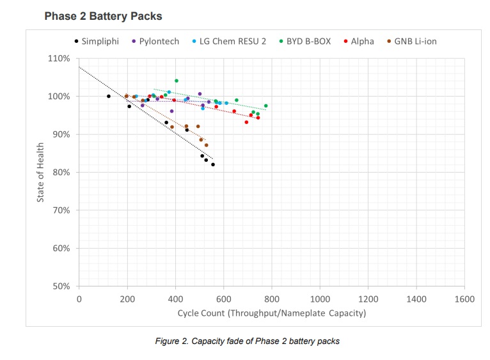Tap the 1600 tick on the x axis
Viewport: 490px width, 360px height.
[464, 298]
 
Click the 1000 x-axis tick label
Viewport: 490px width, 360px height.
[320, 298]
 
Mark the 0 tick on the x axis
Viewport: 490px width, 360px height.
[79, 298]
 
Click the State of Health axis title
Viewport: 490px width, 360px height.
[40, 173]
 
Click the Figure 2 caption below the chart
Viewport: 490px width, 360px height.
[247, 341]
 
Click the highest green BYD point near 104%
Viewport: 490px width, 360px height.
[177, 81]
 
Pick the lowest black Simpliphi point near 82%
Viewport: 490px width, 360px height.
[213, 164]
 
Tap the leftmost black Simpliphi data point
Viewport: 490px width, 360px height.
[109, 96]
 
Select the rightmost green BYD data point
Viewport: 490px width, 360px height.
[266, 106]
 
